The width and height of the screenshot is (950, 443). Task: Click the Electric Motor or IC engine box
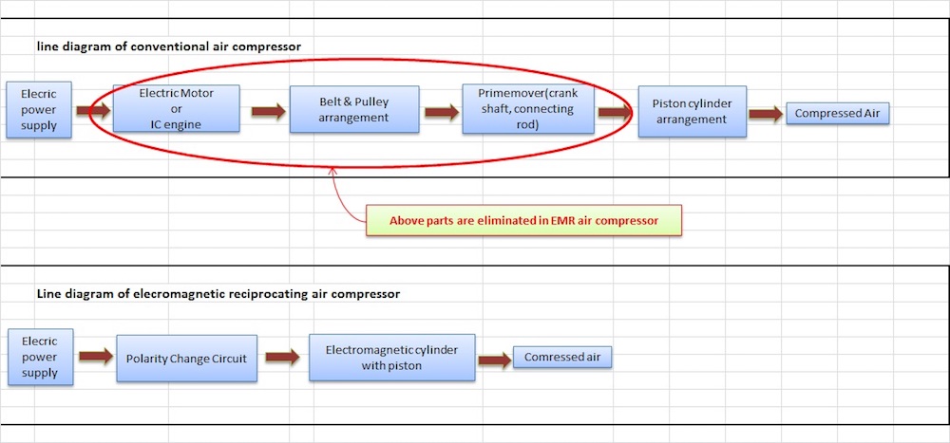point(176,108)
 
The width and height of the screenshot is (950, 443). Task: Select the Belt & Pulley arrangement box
point(353,110)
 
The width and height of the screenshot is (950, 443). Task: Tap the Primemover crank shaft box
point(527,110)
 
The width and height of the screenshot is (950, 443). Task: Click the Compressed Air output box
point(838,114)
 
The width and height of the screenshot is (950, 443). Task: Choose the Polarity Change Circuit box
point(186,358)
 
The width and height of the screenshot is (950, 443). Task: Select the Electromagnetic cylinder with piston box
point(391,356)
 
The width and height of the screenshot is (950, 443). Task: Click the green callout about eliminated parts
point(524,221)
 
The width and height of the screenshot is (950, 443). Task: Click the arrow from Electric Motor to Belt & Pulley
point(269,112)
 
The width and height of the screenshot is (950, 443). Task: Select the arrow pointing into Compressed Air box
point(766,114)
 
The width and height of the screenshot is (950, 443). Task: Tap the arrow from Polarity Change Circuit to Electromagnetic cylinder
point(282,358)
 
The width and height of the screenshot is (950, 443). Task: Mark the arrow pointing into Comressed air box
point(494,360)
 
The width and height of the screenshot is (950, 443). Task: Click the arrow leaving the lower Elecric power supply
point(95,358)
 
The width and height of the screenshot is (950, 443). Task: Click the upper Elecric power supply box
point(39,110)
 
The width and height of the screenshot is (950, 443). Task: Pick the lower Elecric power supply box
point(39,356)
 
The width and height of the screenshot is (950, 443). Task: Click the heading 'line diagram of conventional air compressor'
point(169,46)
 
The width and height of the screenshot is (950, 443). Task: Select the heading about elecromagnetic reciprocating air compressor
point(218,293)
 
